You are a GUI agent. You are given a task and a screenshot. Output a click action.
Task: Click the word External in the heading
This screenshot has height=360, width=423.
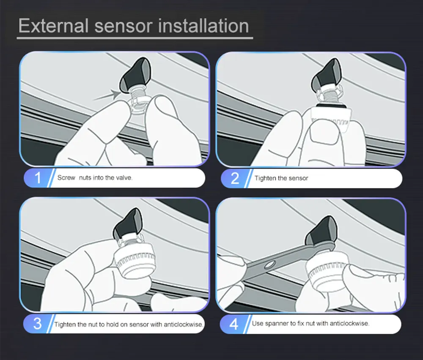click(x=52, y=26)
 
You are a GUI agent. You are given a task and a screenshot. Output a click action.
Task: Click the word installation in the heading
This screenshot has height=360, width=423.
click(x=203, y=26)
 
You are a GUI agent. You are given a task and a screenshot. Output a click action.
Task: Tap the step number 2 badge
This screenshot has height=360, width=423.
click(x=235, y=178)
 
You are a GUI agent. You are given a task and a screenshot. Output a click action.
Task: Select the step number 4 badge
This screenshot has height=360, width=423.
click(x=235, y=324)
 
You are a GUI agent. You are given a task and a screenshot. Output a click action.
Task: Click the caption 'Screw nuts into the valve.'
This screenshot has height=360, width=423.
click(x=95, y=178)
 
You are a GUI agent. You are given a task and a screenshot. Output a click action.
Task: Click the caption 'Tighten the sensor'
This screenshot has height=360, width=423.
click(x=281, y=178)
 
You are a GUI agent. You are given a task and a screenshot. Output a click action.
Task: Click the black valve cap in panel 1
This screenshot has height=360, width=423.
click(x=131, y=76)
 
